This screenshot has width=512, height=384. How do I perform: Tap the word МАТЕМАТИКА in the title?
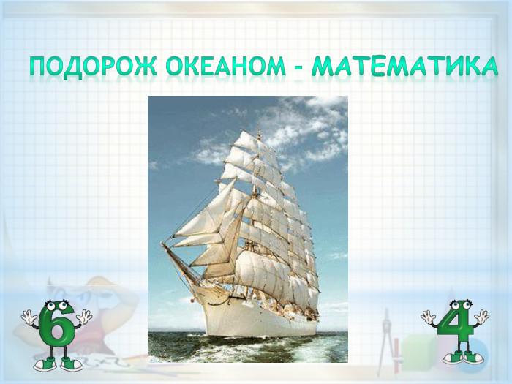point(404,67)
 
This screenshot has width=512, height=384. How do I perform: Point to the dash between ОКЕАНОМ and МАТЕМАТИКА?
point(298,68)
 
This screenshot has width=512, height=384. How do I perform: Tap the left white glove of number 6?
point(28,317)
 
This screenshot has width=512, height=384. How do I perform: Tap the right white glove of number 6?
point(85,317)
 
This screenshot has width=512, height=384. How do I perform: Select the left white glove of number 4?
point(428,316)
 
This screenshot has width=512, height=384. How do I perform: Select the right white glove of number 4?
point(481,316)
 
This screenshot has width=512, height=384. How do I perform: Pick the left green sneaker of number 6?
point(44,363)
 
